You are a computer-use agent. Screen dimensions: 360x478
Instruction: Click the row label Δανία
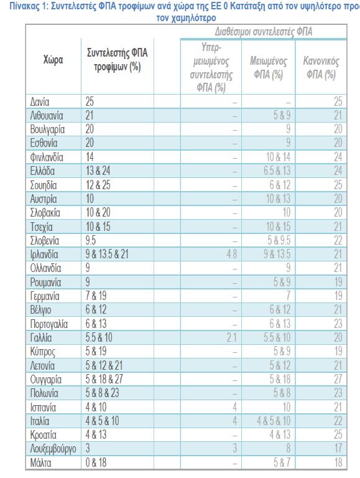40,101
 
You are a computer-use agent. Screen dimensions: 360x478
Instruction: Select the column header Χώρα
53,60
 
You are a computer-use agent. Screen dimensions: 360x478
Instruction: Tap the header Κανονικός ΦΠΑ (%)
321,68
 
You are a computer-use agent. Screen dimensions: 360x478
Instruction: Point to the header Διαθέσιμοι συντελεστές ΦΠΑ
264,32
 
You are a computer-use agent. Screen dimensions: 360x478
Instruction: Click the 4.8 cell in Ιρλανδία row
232,254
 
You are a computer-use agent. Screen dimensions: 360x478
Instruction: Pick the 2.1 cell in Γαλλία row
232,337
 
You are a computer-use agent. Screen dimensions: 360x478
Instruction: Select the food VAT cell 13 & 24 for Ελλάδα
98,171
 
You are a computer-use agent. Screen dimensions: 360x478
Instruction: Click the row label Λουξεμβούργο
53,449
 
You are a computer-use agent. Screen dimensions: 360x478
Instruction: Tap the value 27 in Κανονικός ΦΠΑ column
338,379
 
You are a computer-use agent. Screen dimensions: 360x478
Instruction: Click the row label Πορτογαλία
48,324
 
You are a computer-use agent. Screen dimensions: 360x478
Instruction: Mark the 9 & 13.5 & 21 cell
107,254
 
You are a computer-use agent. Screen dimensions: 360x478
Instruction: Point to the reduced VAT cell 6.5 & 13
277,171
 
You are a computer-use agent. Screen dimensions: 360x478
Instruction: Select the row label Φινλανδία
47,157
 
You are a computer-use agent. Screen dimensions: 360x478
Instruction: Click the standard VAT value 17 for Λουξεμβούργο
338,448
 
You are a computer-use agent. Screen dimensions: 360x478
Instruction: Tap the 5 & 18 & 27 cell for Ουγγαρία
104,379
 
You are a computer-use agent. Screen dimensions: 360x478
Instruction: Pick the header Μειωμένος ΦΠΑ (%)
269,68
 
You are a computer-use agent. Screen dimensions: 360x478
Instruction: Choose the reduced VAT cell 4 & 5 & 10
274,421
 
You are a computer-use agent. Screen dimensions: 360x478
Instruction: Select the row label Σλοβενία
45,240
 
